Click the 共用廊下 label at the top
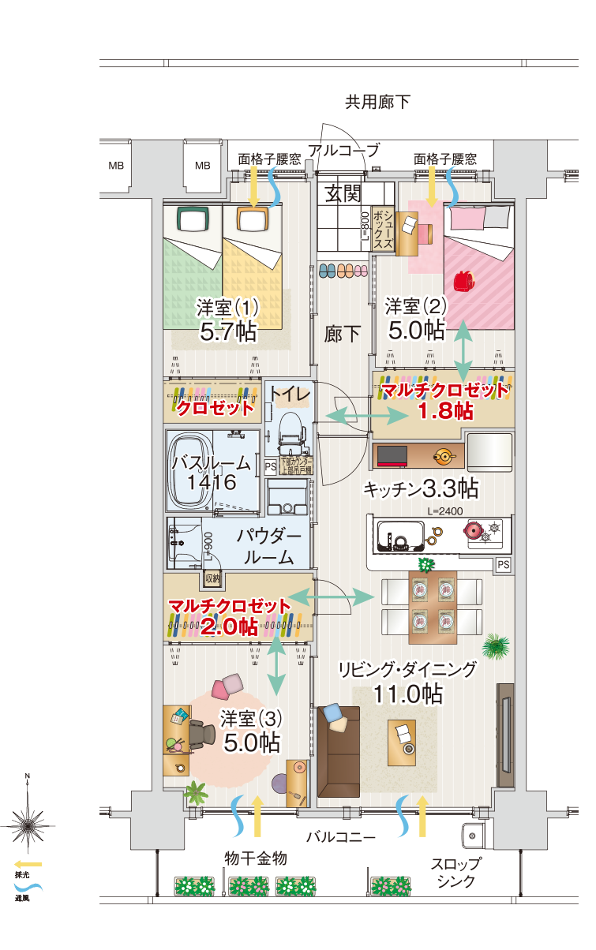click(377, 102)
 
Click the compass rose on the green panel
click(28, 825)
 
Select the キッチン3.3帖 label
click(420, 489)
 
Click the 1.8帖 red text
click(444, 410)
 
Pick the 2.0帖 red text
click(229, 626)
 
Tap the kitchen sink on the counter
click(398, 537)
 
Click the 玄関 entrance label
click(344, 193)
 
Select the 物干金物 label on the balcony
click(255, 858)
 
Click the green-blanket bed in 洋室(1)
click(193, 268)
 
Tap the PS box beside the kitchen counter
click(503, 564)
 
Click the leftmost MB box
click(116, 166)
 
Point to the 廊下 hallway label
click(343, 334)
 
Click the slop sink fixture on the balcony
click(474, 836)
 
